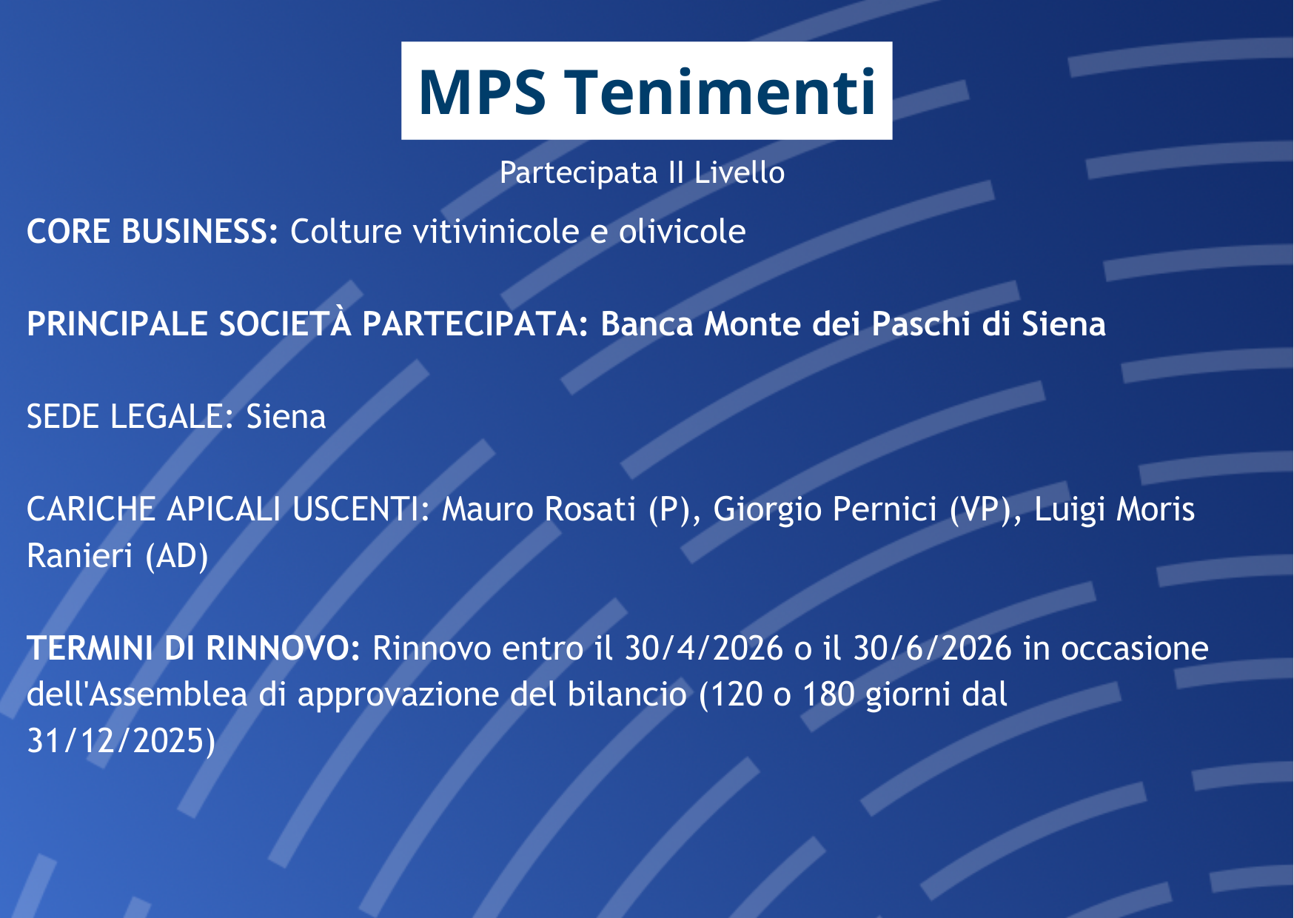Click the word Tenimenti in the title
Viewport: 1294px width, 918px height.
click(722, 92)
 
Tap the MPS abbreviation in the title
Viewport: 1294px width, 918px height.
click(482, 92)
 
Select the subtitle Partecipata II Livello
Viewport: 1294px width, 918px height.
click(642, 172)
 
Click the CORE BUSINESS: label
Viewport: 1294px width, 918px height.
click(152, 232)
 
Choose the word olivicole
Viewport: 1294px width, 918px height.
click(682, 232)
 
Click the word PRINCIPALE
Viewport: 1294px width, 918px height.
click(117, 324)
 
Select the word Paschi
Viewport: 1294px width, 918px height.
click(921, 324)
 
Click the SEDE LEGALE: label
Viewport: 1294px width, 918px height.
click(130, 417)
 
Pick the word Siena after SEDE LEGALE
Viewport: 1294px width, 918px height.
click(286, 417)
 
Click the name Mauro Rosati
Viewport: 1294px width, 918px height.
click(538, 509)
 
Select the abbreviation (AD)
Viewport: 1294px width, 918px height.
click(176, 557)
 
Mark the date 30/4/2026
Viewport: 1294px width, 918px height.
click(703, 649)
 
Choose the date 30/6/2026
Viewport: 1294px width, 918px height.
click(932, 649)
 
